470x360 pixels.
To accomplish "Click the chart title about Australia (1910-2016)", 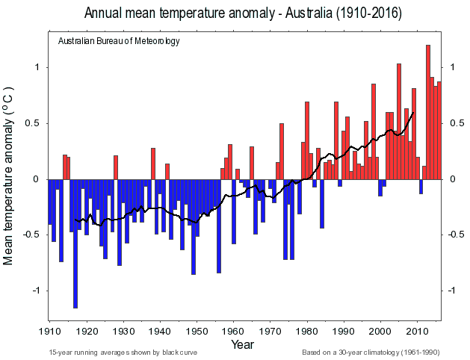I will pyautogui.click(x=243, y=13).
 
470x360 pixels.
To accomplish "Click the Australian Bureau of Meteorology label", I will pyautogui.click(x=119, y=40).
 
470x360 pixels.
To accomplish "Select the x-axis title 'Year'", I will pyautogui.click(x=242, y=344).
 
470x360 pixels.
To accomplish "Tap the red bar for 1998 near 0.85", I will pyautogui.click(x=374, y=131).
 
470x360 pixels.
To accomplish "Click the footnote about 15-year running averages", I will pyautogui.click(x=123, y=352).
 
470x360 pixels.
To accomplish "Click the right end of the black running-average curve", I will pyautogui.click(x=413, y=113).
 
